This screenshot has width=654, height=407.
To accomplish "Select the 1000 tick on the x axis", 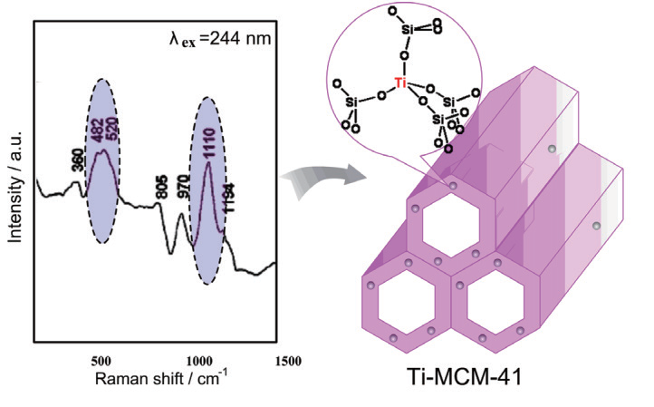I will tap(194, 359).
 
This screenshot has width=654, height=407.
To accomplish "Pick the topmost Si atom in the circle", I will tap(409, 30).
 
